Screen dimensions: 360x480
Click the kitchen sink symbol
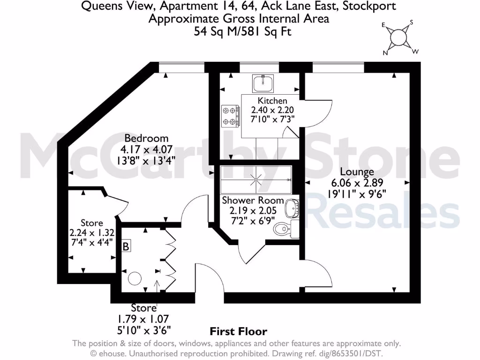coord(263,83)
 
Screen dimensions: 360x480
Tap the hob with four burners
coord(231,116)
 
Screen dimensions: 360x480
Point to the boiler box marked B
coord(126,246)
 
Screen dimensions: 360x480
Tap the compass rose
coord(399,37)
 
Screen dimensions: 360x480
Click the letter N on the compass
coord(385,53)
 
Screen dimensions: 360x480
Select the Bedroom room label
coord(146,138)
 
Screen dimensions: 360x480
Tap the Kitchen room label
coord(272,100)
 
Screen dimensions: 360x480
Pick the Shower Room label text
coord(253,200)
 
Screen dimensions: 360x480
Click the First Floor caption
coord(238,332)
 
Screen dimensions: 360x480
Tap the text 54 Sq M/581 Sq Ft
coord(239,31)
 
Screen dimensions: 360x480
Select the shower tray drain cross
coord(256,179)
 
